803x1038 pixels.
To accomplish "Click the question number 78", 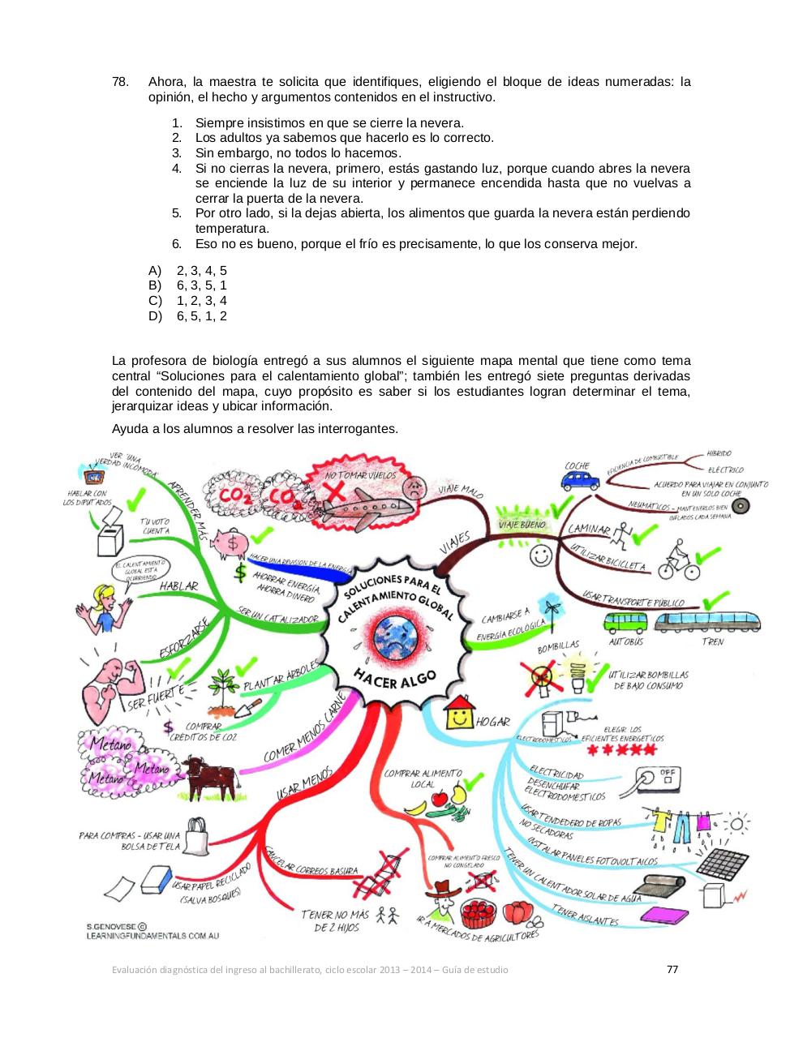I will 120,82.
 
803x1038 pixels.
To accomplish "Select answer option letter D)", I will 155,316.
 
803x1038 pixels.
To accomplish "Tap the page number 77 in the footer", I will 672,969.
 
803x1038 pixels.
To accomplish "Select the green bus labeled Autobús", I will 626,622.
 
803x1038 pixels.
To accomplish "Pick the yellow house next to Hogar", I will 459,712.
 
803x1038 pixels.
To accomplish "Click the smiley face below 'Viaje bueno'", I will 539,555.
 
